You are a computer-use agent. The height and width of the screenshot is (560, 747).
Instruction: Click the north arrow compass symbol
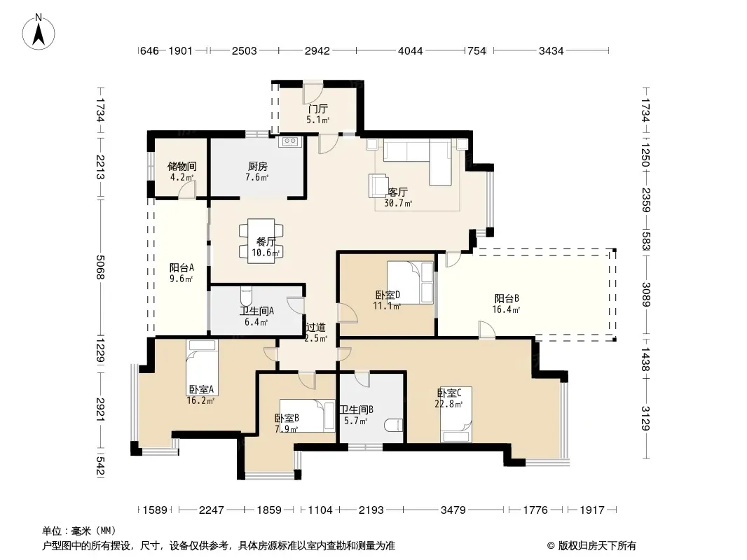click(x=39, y=32)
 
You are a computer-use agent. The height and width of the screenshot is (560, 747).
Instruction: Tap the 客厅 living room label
click(x=397, y=192)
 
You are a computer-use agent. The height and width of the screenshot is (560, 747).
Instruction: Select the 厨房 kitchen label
click(x=257, y=167)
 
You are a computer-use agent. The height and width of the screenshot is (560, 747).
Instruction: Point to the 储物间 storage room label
click(x=181, y=167)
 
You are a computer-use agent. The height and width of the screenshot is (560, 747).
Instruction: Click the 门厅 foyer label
click(x=317, y=109)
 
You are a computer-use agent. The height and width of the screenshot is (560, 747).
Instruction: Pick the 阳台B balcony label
click(x=507, y=299)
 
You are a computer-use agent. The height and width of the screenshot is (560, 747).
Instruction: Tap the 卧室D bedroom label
click(x=388, y=295)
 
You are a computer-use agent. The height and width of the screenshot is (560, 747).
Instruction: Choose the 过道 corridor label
click(x=315, y=328)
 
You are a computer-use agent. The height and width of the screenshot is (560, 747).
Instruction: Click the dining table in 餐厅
click(x=261, y=240)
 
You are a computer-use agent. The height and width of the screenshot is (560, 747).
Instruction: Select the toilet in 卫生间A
click(x=246, y=295)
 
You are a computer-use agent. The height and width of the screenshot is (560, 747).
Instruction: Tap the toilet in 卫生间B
click(x=394, y=425)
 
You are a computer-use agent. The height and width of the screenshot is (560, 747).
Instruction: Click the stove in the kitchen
click(x=289, y=141)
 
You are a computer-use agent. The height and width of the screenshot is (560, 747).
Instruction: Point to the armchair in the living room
click(x=378, y=185)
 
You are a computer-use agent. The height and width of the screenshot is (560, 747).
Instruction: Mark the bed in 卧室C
click(x=456, y=414)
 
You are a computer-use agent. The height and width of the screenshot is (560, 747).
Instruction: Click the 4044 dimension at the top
click(x=410, y=50)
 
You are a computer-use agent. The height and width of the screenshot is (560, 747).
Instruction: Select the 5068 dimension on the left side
click(x=100, y=267)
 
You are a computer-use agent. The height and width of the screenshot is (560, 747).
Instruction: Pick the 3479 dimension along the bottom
click(x=453, y=510)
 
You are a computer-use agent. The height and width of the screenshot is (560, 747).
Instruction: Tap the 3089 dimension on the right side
click(x=645, y=295)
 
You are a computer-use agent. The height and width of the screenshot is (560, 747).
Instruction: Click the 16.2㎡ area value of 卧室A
click(x=200, y=400)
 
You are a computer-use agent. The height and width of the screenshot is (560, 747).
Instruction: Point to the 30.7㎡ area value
click(x=398, y=203)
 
